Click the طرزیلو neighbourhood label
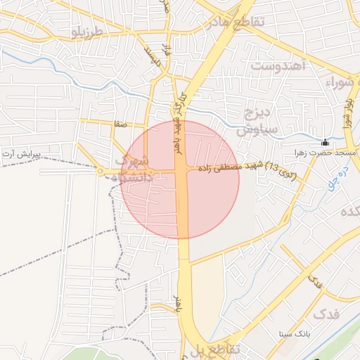(x=88, y=32)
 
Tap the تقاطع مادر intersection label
(x=235, y=22)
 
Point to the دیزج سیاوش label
(x=257, y=122)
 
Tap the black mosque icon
(x=325, y=142)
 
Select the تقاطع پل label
(x=219, y=349)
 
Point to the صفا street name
(x=121, y=124)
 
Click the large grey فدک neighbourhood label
(x=325, y=314)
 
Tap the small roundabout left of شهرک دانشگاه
(x=101, y=172)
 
